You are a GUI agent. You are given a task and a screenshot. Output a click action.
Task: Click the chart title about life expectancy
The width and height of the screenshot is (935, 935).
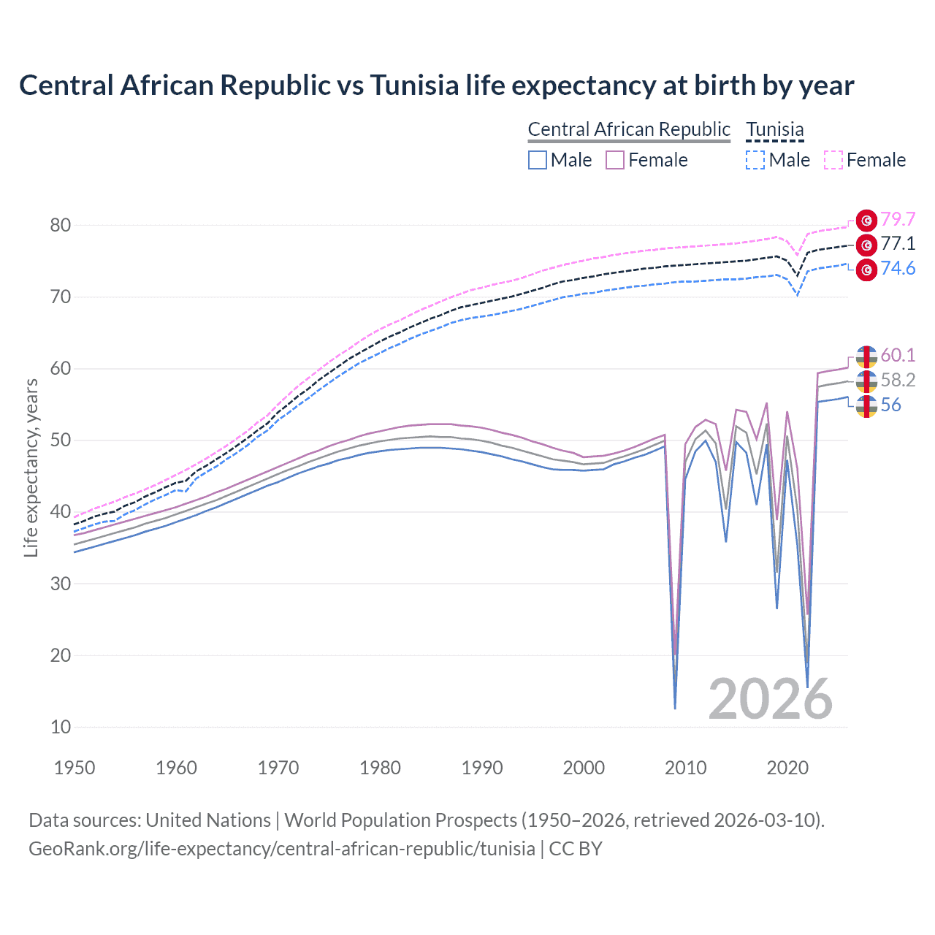tap(436, 85)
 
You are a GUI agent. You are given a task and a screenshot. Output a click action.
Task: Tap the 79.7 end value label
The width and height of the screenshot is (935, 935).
tap(898, 219)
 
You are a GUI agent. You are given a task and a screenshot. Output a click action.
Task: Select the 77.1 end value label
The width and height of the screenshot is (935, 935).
tap(898, 244)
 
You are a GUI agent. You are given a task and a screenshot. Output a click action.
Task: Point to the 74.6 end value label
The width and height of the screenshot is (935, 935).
tap(898, 269)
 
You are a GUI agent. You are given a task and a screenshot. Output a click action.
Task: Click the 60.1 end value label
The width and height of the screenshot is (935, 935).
tap(898, 355)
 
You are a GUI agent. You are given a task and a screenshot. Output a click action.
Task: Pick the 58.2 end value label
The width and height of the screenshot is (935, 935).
tap(898, 380)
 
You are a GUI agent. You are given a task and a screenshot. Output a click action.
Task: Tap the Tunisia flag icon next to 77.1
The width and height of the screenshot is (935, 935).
tap(866, 245)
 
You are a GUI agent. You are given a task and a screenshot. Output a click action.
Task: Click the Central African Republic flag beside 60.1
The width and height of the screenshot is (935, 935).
tap(866, 356)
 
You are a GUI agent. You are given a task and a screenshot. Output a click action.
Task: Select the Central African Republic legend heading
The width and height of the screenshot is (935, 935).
tap(629, 129)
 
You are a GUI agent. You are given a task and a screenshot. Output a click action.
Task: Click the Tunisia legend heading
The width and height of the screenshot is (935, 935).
tap(774, 129)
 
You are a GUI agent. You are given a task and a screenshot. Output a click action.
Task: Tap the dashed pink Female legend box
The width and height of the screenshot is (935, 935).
tap(833, 160)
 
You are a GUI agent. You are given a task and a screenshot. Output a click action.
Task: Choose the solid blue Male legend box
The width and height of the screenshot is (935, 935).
tap(538, 160)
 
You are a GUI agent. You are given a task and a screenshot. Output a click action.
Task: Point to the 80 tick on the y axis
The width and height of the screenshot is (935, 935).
tap(61, 225)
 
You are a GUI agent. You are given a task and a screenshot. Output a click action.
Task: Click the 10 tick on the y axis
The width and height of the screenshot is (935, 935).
tap(61, 727)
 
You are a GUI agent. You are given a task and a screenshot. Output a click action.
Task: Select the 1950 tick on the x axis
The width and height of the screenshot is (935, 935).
tap(75, 768)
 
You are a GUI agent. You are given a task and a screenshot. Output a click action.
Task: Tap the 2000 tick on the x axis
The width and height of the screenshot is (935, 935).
tap(584, 768)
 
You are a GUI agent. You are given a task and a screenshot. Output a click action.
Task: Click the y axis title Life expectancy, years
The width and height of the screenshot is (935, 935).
tap(31, 467)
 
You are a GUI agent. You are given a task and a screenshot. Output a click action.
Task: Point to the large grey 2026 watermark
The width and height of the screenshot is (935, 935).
tap(770, 699)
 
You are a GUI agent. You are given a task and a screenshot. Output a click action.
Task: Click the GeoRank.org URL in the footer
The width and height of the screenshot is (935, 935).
tap(281, 848)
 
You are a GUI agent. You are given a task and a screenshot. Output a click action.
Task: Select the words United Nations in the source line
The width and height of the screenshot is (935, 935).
tap(208, 820)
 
